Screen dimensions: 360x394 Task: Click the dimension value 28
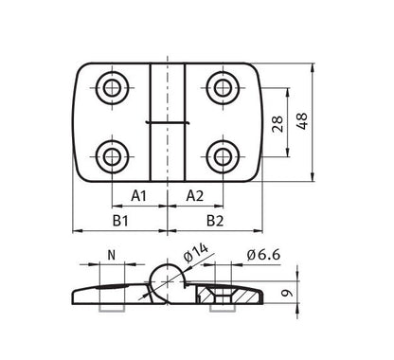click(278, 122)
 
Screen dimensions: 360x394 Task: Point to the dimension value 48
click(304, 121)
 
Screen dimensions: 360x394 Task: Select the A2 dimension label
click(194, 196)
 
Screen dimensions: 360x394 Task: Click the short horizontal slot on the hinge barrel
click(167, 122)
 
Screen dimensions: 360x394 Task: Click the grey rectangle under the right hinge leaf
click(219, 308)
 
